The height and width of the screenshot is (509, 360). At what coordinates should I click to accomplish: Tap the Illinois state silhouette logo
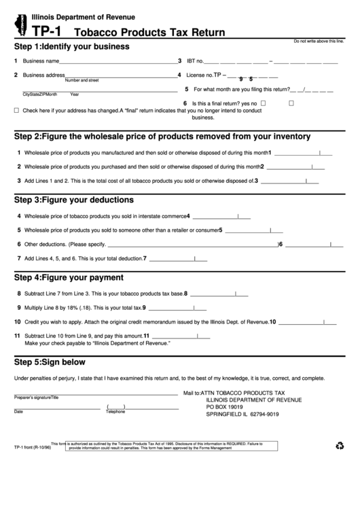17,22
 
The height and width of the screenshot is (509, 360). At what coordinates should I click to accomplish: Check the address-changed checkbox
16,109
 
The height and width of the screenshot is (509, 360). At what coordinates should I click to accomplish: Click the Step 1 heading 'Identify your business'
71,46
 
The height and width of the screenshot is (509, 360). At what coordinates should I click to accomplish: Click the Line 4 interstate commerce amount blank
220,218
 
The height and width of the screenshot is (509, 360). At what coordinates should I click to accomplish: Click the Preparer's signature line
95,394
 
